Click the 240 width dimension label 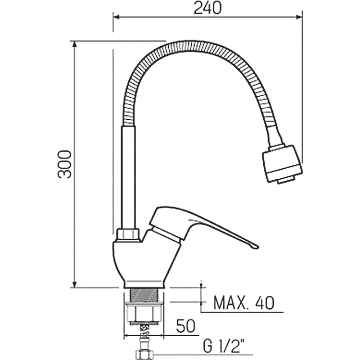point(208,8)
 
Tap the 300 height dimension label point(64,164)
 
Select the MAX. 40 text point(243,303)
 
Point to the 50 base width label point(186,326)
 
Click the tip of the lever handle point(257,247)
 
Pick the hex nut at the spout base point(128,234)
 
